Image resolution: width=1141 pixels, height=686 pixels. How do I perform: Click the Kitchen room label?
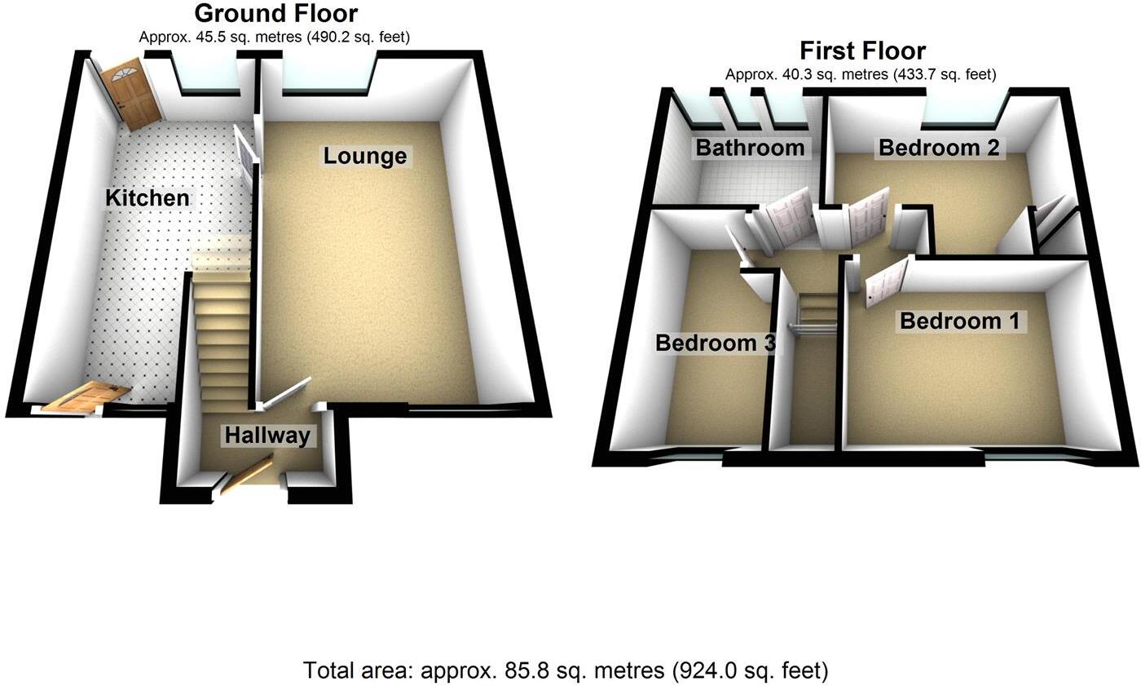[148, 197]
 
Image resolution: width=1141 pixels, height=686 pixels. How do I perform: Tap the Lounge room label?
[364, 156]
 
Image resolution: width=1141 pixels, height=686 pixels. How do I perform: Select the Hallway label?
[267, 436]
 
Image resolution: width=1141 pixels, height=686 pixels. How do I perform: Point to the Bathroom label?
[749, 148]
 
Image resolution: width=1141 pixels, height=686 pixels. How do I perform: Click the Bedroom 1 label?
[959, 321]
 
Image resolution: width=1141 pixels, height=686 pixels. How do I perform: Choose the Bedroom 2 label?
[939, 148]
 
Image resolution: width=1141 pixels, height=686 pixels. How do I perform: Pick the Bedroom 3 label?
[715, 343]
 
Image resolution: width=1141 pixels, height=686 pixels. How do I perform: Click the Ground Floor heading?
[275, 14]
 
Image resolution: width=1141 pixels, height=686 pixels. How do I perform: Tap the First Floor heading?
[862, 51]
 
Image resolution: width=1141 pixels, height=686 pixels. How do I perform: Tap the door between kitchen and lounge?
[244, 151]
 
